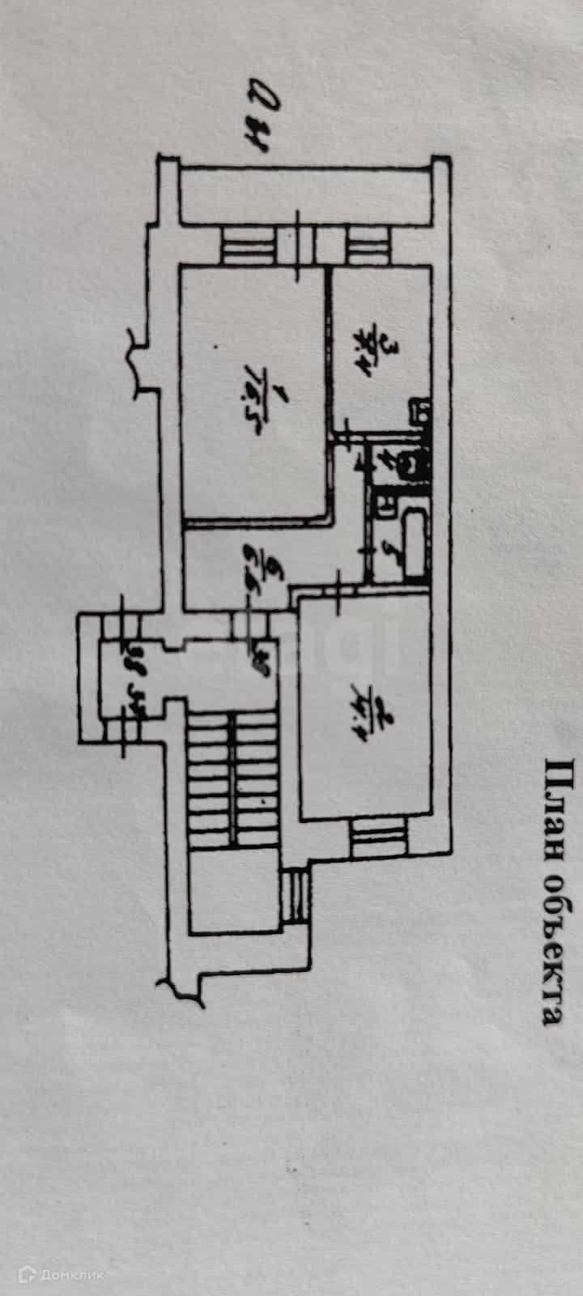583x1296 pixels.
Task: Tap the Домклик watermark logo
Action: click(62, 1274)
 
